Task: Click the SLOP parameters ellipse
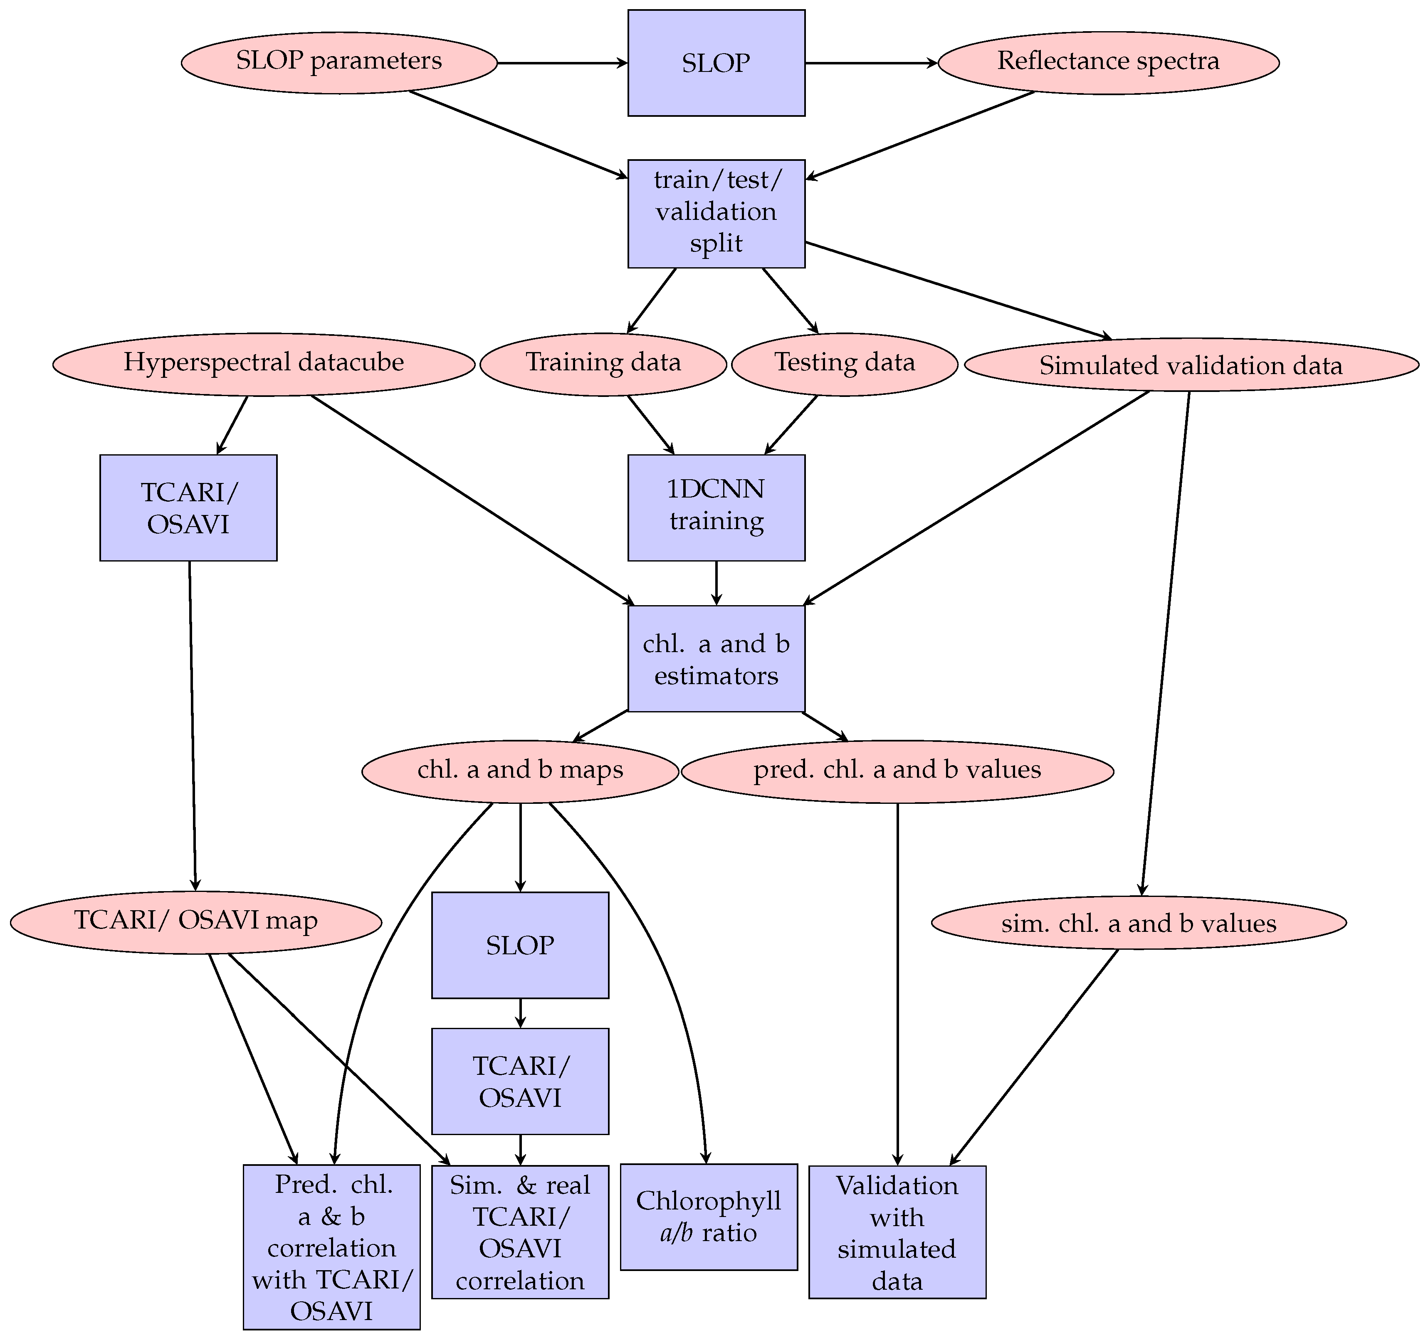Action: tap(339, 62)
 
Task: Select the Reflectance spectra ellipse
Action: tap(1108, 62)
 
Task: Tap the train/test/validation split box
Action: tap(716, 213)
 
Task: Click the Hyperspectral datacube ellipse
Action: tap(264, 364)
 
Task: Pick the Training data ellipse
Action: tap(603, 364)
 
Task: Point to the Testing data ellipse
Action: tap(845, 364)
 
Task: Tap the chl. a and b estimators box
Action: tap(716, 658)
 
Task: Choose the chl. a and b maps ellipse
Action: tap(520, 771)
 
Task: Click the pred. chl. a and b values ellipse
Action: tap(897, 771)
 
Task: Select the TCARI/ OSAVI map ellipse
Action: tap(195, 922)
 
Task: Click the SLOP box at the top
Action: tap(716, 62)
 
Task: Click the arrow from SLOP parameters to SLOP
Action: tap(562, 63)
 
